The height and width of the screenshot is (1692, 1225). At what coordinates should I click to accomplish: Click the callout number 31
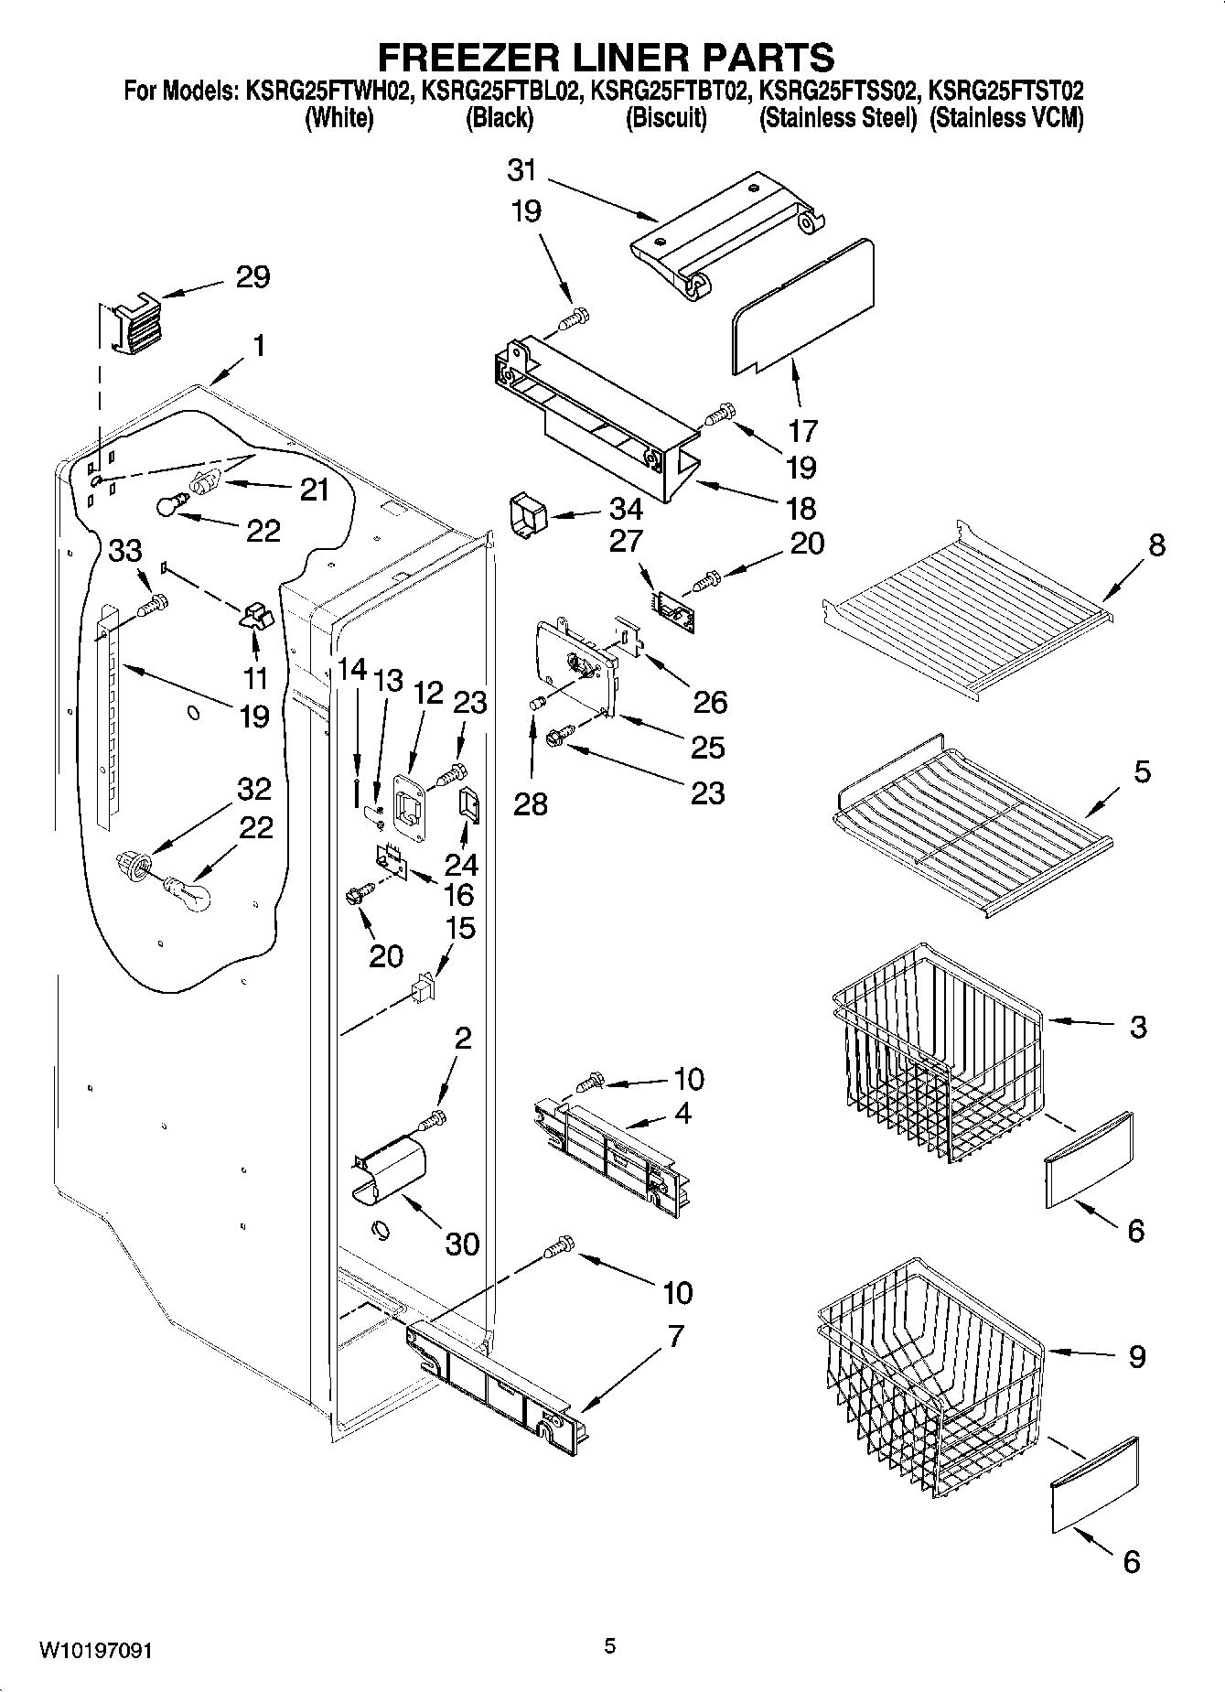(521, 170)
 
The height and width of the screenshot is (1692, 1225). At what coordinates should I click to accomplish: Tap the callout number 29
(253, 276)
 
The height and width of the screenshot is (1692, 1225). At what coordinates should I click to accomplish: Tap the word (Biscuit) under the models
(666, 118)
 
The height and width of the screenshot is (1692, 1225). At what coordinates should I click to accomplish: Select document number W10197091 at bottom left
(95, 1651)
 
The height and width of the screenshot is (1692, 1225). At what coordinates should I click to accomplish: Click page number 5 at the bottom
(610, 1646)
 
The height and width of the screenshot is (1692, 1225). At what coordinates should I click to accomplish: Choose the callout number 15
(459, 928)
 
